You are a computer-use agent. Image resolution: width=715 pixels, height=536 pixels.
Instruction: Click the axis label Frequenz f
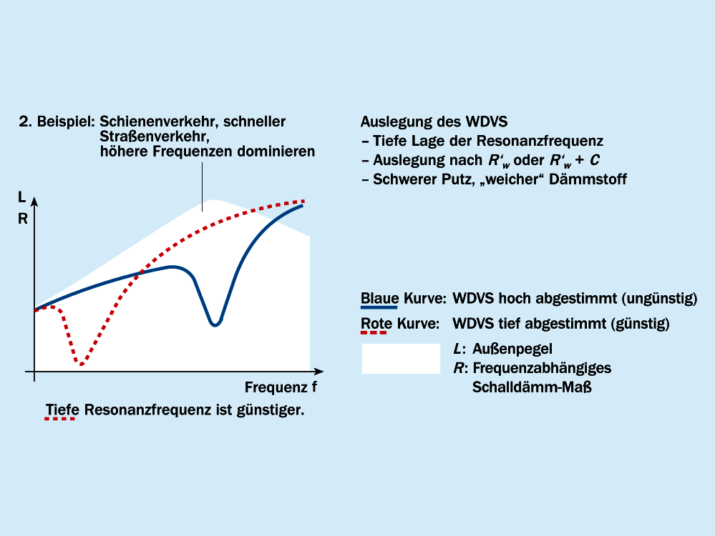pyautogui.click(x=281, y=388)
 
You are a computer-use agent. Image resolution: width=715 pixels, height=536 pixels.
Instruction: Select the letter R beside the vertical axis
pyautogui.click(x=22, y=219)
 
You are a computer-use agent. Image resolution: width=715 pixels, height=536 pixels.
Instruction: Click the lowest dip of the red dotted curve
pyautogui.click(x=81, y=364)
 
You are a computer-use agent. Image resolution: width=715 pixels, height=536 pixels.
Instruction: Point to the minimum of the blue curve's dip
pyautogui.click(x=214, y=325)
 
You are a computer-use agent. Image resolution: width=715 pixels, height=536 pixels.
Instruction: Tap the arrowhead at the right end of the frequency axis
pyautogui.click(x=319, y=372)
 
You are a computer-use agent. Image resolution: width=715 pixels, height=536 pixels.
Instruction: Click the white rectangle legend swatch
pyautogui.click(x=401, y=359)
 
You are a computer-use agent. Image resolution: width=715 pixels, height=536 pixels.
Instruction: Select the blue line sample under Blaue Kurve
pyautogui.click(x=379, y=307)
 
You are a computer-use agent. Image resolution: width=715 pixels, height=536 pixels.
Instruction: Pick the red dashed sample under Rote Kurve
pyautogui.click(x=373, y=332)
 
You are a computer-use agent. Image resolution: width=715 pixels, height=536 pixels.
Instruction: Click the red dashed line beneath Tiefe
pyautogui.click(x=61, y=420)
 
